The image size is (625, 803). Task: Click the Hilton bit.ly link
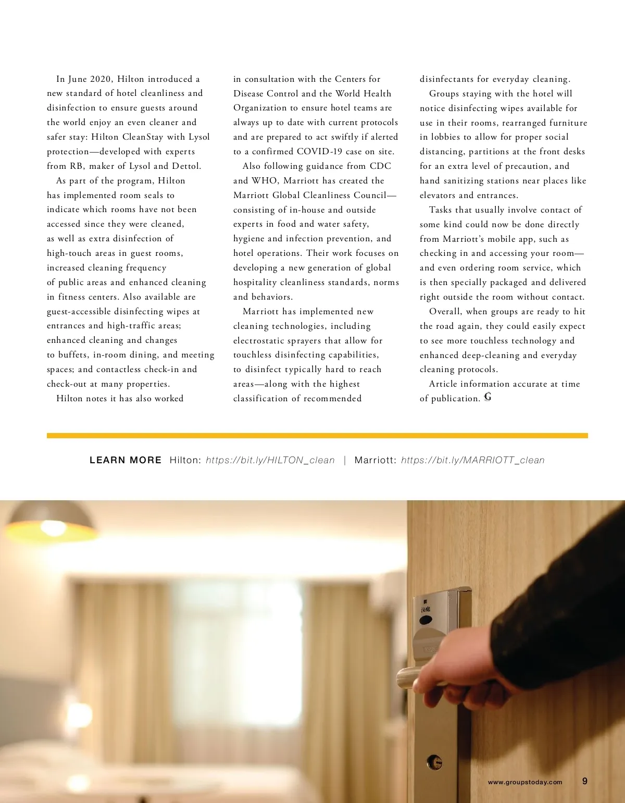coord(270,460)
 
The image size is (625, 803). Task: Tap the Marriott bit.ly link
coord(472,460)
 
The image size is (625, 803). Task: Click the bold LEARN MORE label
coord(126,460)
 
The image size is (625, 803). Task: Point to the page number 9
coord(585,781)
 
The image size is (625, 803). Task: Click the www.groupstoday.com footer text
coord(525,782)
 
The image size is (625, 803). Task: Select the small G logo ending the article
coord(488,398)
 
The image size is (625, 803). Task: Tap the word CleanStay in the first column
coord(143,137)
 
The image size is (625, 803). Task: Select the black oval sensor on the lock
coord(426,621)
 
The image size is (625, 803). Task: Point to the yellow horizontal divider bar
coord(317,436)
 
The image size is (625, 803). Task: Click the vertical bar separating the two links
coord(344,460)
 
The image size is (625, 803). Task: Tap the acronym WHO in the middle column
coord(264,181)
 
